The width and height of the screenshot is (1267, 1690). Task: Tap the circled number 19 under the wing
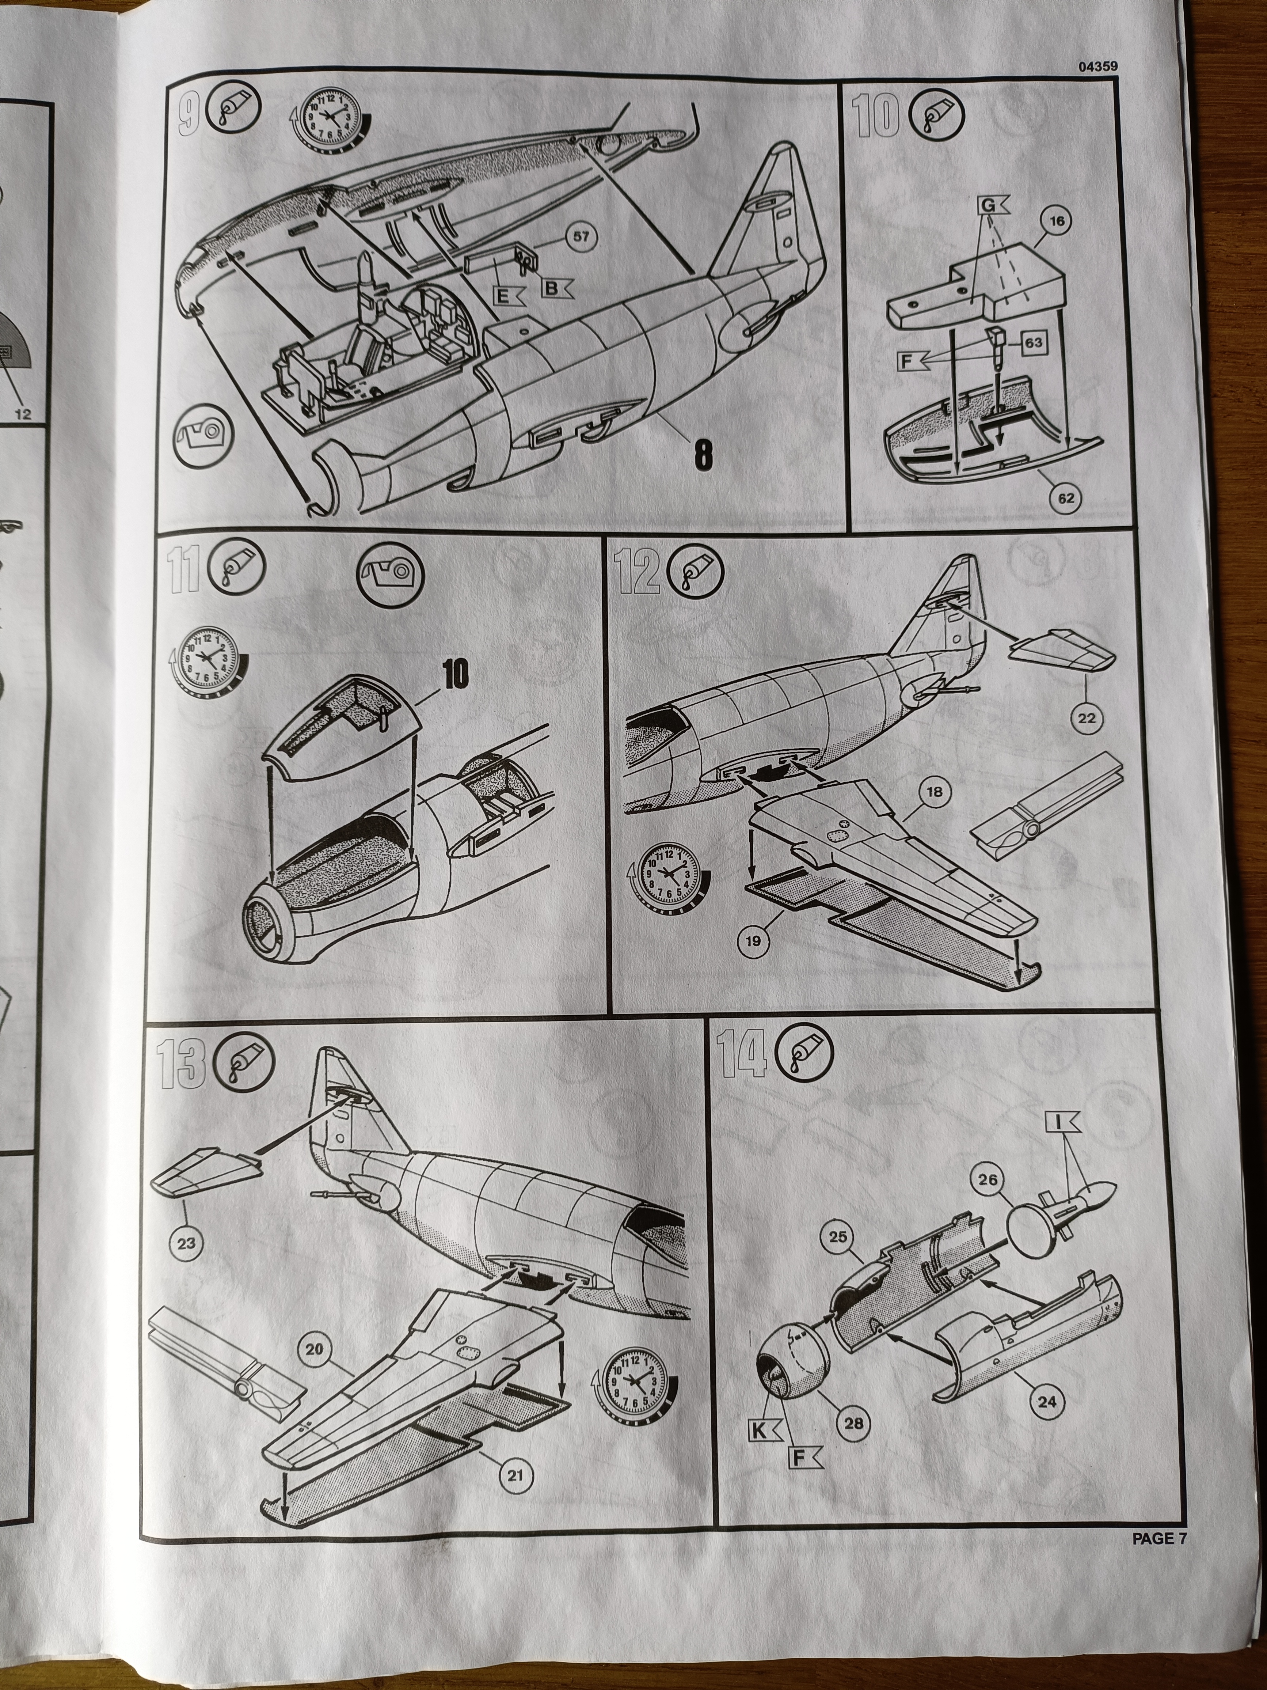click(753, 941)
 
